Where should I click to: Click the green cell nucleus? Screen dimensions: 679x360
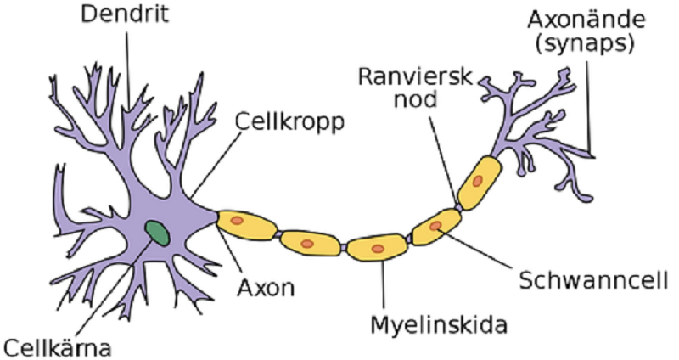(157, 233)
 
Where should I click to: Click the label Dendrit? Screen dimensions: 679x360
(125, 14)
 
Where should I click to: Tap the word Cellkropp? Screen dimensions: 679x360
(289, 122)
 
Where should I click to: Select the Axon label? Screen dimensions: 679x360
(266, 287)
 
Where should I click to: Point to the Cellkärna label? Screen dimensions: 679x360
(59, 348)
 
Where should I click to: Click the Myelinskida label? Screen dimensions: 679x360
(439, 325)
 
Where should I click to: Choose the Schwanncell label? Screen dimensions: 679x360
(593, 280)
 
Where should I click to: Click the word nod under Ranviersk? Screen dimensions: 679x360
(415, 99)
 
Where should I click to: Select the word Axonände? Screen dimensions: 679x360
(586, 20)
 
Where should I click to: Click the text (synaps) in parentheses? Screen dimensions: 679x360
(585, 43)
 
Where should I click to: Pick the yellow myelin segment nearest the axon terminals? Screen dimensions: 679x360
(479, 183)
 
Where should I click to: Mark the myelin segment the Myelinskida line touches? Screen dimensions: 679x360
(377, 247)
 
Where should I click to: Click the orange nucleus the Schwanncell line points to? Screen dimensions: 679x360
(435, 226)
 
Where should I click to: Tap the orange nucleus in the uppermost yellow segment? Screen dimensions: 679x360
(477, 181)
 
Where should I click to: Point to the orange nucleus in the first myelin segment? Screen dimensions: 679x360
(237, 221)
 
